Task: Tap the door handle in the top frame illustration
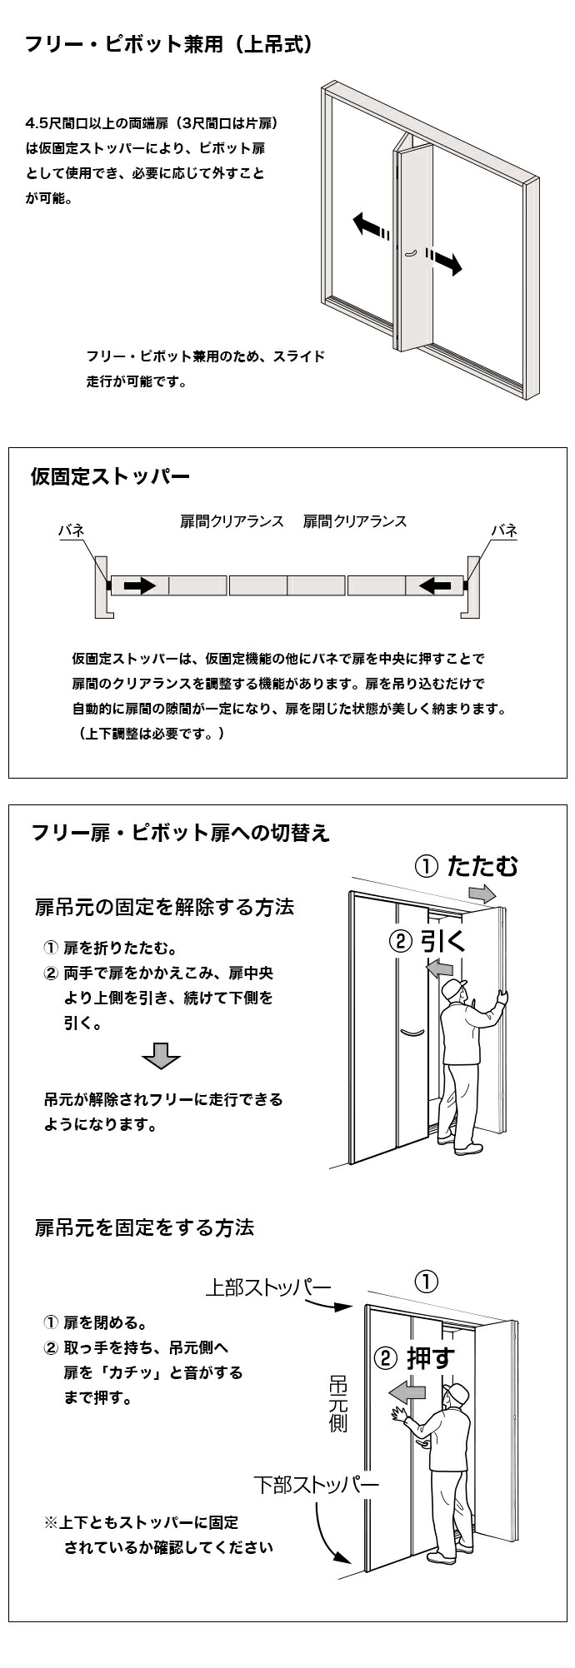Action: pyautogui.click(x=409, y=251)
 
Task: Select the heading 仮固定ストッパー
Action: pyautogui.click(x=110, y=477)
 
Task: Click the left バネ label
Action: pyautogui.click(x=71, y=530)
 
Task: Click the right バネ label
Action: pyautogui.click(x=503, y=530)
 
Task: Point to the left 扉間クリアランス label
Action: pyautogui.click(x=232, y=521)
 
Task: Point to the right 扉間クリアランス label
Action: pyautogui.click(x=354, y=521)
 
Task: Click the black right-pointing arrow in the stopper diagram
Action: pyautogui.click(x=139, y=585)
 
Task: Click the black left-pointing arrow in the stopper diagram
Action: pyautogui.click(x=435, y=585)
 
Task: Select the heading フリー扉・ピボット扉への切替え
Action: pyautogui.click(x=180, y=833)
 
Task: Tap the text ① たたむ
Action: pyautogui.click(x=466, y=866)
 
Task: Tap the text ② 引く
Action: pyautogui.click(x=425, y=941)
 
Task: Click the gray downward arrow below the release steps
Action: pyautogui.click(x=161, y=1055)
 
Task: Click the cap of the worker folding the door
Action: pyautogui.click(x=454, y=988)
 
